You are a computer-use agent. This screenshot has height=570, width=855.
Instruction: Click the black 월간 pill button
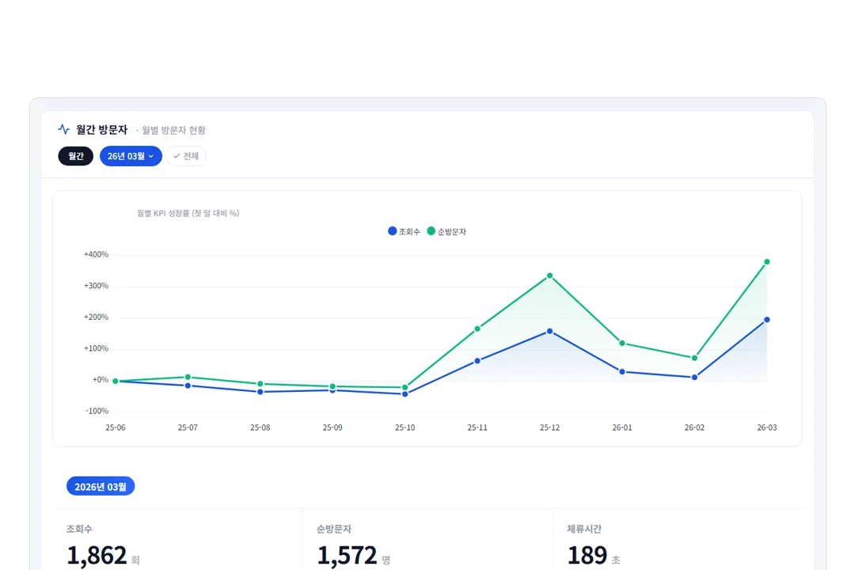(76, 156)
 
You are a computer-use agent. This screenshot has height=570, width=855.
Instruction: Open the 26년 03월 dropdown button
(131, 156)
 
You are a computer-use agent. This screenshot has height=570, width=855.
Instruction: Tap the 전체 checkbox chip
(186, 156)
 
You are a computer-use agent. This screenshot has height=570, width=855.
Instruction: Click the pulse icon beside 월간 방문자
(64, 129)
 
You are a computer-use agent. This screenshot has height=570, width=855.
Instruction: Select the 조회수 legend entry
(404, 231)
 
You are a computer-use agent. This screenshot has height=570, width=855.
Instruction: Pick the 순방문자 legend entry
(446, 231)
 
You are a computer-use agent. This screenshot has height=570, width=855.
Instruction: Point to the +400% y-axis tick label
(96, 254)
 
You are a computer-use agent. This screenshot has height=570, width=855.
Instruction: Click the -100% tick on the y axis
(97, 411)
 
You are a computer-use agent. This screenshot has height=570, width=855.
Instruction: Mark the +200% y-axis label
(96, 317)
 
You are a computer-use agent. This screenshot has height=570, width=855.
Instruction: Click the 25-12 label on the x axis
(549, 427)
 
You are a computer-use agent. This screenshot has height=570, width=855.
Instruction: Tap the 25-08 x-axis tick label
(260, 427)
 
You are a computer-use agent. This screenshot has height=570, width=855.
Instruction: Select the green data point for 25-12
(549, 276)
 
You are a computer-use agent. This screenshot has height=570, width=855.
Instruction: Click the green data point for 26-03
(766, 262)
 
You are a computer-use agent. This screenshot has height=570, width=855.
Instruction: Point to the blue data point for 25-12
(549, 331)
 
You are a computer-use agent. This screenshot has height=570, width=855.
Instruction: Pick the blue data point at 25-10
(405, 393)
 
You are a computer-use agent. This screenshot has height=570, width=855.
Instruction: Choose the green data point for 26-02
(695, 359)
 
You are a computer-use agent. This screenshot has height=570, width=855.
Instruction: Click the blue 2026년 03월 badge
(101, 486)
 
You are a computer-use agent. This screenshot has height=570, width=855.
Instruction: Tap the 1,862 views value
(97, 555)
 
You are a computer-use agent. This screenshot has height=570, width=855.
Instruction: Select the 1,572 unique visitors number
(347, 555)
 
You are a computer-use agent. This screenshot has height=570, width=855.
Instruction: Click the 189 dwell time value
(587, 555)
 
